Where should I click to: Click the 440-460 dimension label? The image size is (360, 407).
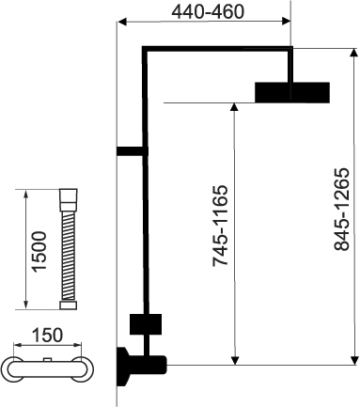coord(208,12)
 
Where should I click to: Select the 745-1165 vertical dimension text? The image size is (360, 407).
coord(220,226)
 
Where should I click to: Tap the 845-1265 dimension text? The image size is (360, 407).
coord(341,210)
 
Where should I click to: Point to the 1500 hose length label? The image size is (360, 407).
coord(39,251)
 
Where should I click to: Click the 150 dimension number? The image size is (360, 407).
coord(48,335)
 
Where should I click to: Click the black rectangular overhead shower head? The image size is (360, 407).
coord(292,92)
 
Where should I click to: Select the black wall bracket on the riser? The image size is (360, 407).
coord(133,151)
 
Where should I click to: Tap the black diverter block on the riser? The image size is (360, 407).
coord(146,324)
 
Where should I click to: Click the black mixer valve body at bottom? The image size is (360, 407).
coord(141,366)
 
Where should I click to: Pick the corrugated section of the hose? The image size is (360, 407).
coord(69,256)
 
